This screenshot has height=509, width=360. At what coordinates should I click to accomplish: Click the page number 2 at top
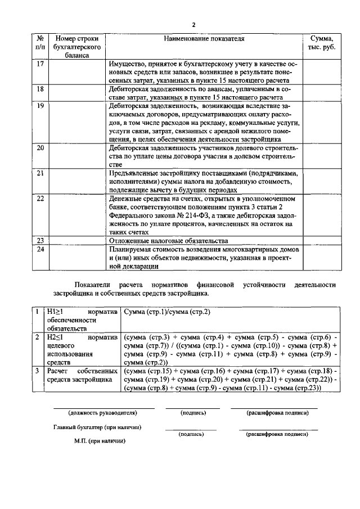point(193,25)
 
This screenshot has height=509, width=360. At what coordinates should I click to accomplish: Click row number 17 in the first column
point(39,64)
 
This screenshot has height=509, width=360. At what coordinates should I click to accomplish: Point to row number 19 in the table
point(39,105)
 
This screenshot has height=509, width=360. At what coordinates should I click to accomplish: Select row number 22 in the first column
point(39,199)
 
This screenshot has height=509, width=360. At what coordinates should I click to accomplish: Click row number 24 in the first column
point(39,249)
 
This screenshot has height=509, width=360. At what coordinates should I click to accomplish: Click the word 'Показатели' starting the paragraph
point(94,285)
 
